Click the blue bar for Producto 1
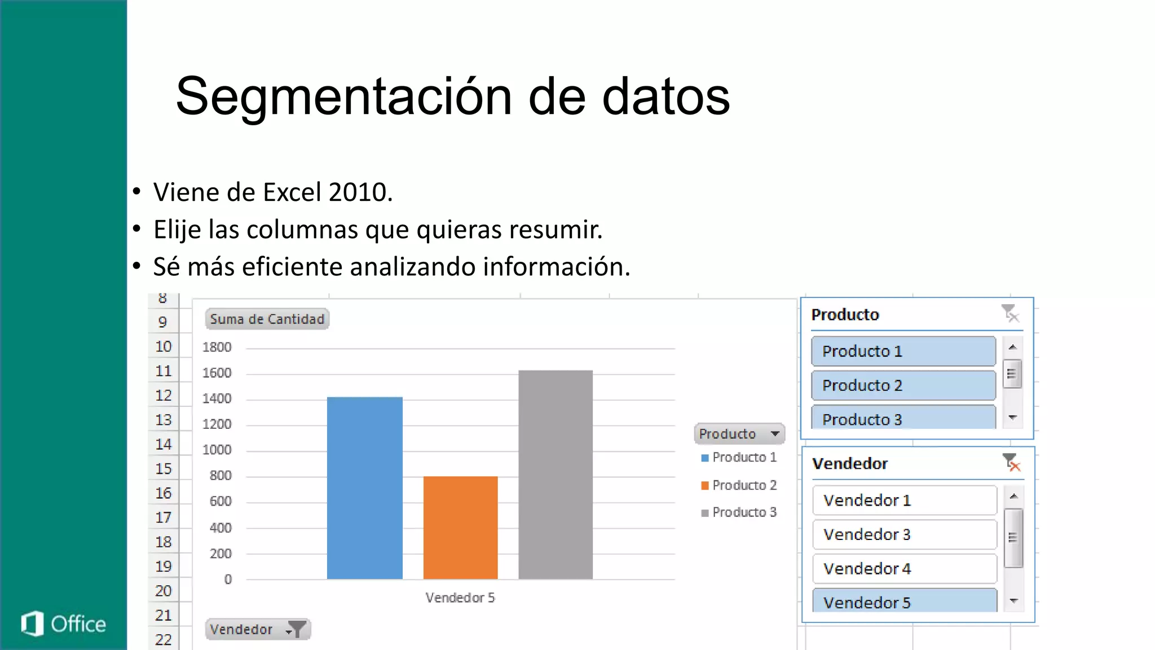pyautogui.click(x=365, y=488)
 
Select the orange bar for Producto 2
pyautogui.click(x=460, y=527)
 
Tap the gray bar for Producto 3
pyautogui.click(x=556, y=474)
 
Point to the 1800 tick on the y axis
pyautogui.click(x=217, y=347)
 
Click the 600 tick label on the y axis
pyautogui.click(x=221, y=501)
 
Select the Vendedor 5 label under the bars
pyautogui.click(x=460, y=598)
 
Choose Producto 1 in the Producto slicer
pyautogui.click(x=903, y=351)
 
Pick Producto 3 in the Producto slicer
pyautogui.click(x=903, y=418)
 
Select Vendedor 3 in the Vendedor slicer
pyautogui.click(x=904, y=534)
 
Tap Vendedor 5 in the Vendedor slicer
pyautogui.click(x=904, y=601)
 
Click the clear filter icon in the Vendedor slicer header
pyautogui.click(x=1011, y=463)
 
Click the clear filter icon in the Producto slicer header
pyautogui.click(x=1010, y=313)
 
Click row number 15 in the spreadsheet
pyautogui.click(x=164, y=468)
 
